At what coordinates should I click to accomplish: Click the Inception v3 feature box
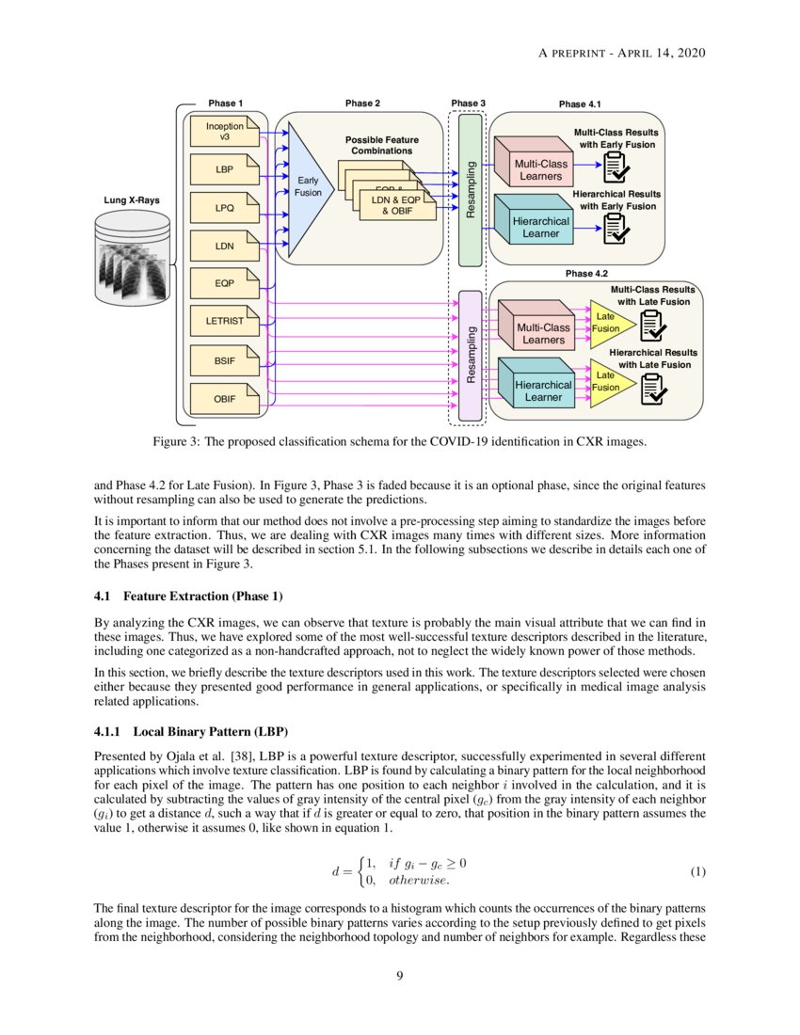[x=224, y=132]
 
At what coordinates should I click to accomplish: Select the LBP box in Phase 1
[x=224, y=170]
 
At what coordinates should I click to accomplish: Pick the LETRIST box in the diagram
[x=224, y=322]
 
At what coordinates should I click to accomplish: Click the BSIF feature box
[x=224, y=360]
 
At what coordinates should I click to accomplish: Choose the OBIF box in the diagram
[x=224, y=399]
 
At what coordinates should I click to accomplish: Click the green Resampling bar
[x=470, y=189]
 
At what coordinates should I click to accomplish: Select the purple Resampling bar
[x=470, y=355]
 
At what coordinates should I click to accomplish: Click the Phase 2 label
[x=363, y=103]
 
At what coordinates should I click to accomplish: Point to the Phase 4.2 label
[x=586, y=274]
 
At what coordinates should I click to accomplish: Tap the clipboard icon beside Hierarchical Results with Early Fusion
[x=616, y=227]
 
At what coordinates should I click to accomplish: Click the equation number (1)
[x=697, y=872]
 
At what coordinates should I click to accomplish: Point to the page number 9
[x=400, y=975]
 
